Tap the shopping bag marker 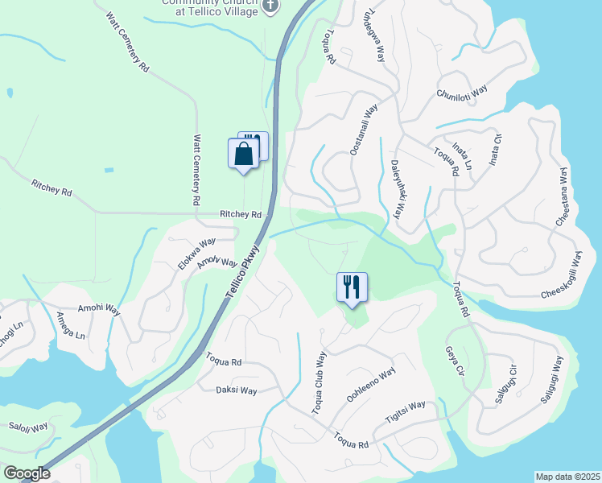coord(243,154)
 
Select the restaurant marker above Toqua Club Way coord(352,288)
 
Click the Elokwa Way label coord(196,253)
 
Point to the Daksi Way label coord(236,390)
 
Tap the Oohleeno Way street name coord(371,386)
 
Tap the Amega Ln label coord(68,325)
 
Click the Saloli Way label coord(28,427)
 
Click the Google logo coord(27,473)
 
